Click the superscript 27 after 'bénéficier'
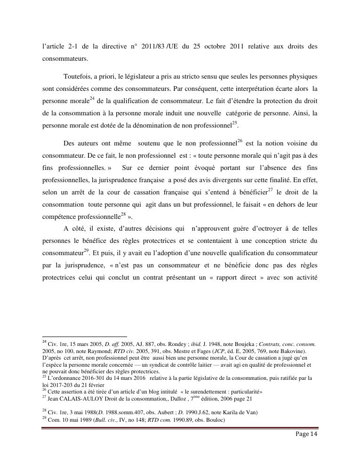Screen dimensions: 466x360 coord(270,190)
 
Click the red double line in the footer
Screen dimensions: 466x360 coord(180,428)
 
